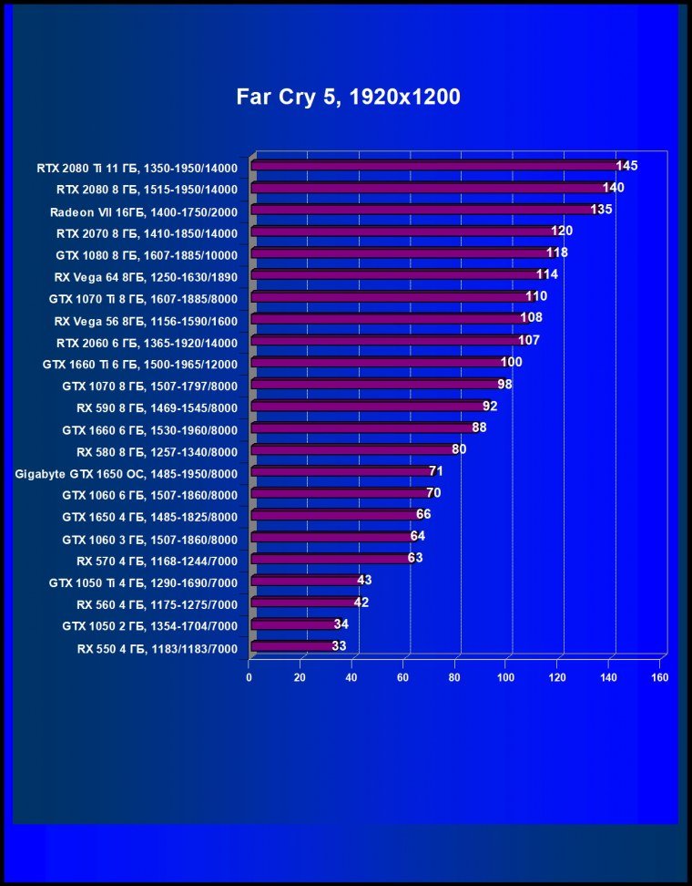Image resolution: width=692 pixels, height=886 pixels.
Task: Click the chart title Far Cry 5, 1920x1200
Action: point(348,97)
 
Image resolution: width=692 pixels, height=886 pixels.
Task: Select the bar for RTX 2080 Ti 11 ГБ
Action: point(434,166)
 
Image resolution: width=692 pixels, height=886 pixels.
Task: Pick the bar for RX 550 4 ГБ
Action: point(291,646)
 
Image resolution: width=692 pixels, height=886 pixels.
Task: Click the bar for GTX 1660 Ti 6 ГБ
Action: point(377,363)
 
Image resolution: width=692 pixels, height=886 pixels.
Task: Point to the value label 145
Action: point(626,166)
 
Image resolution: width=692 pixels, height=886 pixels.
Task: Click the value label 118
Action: point(557,252)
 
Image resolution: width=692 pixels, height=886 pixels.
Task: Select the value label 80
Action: point(459,448)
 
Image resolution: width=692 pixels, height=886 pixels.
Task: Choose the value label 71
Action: point(436,470)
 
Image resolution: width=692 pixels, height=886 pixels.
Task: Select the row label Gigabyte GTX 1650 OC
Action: point(127,473)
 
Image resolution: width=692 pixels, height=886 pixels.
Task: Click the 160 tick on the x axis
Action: point(660,677)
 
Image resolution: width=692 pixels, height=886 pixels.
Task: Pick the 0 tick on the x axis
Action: point(249,677)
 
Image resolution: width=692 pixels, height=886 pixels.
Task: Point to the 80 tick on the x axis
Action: point(454,677)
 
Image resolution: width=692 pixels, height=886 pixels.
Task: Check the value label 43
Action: point(364,580)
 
